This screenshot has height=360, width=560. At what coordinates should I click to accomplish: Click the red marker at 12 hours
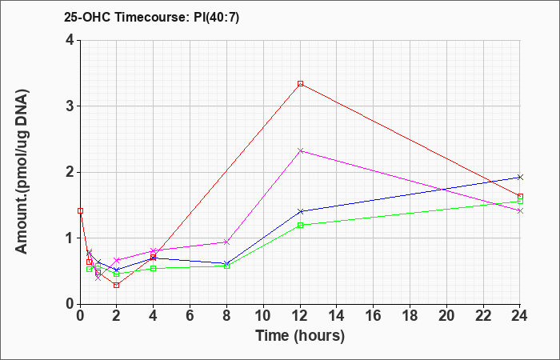tap(300, 83)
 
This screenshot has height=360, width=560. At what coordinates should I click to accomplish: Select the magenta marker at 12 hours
tap(300, 150)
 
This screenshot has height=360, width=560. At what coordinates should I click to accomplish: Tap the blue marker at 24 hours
tap(520, 177)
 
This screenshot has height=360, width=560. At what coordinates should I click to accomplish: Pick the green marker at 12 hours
tap(300, 225)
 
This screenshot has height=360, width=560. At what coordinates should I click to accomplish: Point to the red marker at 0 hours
tap(80, 210)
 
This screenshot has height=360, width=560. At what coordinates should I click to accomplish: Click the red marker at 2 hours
tap(117, 285)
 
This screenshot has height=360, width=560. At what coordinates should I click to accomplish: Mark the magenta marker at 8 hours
tap(226, 242)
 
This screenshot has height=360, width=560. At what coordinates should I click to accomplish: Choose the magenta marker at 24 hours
tap(520, 210)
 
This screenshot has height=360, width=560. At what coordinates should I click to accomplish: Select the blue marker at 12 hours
tap(300, 211)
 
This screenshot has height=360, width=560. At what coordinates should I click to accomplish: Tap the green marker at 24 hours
tap(520, 202)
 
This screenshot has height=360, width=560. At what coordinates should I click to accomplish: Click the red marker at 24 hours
tap(520, 197)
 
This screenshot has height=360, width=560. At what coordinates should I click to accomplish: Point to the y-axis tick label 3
tap(70, 106)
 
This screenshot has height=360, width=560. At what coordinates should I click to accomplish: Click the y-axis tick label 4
tap(70, 40)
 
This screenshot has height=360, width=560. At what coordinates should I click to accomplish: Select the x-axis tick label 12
tap(300, 316)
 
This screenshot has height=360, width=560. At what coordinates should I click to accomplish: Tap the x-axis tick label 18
tap(410, 316)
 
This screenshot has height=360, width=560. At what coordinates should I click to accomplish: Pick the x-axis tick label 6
tap(190, 316)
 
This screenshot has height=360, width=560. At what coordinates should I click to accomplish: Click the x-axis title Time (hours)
tap(300, 336)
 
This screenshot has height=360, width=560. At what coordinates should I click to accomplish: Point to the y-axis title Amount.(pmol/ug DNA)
tap(22, 172)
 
